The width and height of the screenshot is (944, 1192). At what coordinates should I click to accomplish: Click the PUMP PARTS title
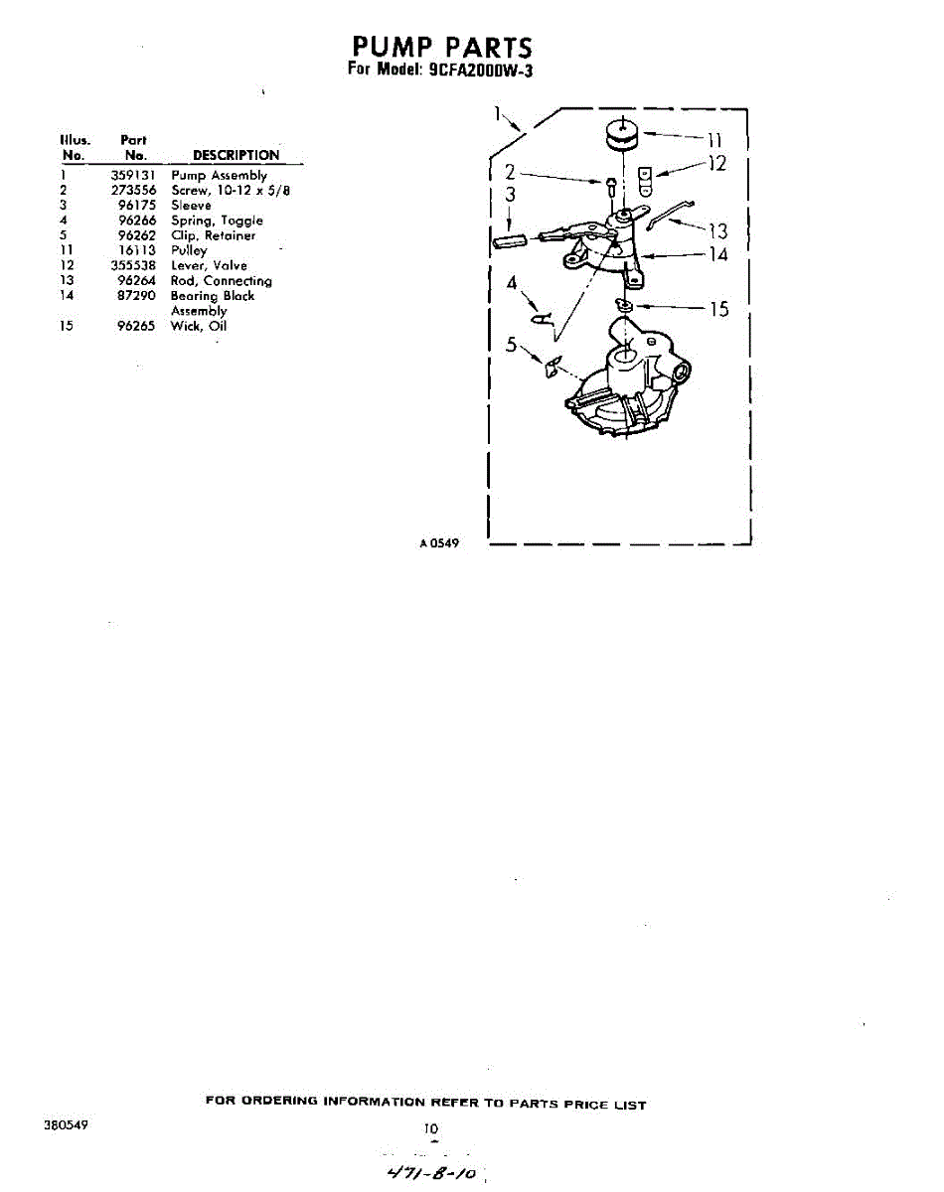point(442,47)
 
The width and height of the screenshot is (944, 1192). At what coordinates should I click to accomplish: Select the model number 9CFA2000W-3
point(481,72)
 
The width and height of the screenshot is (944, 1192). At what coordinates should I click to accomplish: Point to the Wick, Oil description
point(199,326)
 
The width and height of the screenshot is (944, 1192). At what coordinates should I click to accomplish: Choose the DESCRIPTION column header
point(236,155)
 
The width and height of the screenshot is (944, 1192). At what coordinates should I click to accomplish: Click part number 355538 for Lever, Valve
point(133,266)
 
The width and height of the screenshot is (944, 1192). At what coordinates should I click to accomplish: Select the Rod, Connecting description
point(221,281)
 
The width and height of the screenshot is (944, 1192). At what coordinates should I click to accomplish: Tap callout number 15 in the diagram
point(717,309)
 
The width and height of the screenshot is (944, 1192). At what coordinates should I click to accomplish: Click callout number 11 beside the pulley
point(712,139)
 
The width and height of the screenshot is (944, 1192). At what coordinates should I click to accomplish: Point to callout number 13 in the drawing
point(716,231)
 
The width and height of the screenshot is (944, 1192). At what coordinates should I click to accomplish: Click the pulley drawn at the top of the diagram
point(622,136)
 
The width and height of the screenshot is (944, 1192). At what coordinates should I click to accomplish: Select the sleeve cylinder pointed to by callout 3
point(509,241)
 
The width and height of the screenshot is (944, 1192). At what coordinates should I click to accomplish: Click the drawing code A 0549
point(438,542)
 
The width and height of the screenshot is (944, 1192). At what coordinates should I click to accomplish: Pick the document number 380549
point(66,1126)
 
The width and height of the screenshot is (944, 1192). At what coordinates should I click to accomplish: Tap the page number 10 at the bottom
point(431,1128)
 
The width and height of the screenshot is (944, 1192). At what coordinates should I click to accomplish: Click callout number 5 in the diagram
point(511,345)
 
